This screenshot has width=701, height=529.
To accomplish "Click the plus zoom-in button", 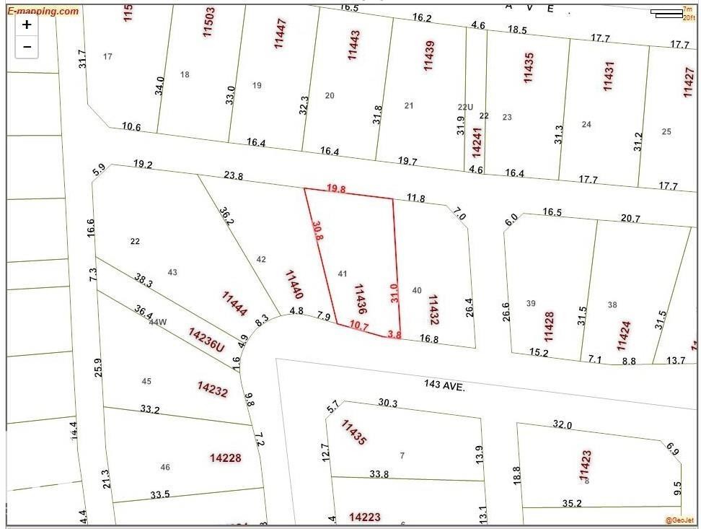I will (27, 25).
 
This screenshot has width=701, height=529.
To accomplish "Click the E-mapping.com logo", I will (43, 11).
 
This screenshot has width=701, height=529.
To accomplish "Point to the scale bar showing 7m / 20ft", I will (674, 12).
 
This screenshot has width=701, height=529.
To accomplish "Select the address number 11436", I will (361, 298).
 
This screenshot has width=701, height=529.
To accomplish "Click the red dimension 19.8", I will (336, 188).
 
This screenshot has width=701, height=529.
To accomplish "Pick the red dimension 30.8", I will (317, 230).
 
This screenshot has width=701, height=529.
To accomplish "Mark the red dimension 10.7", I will (358, 325).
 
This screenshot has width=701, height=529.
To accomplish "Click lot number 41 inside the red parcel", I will (343, 274).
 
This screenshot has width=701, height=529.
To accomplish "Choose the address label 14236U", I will (207, 341).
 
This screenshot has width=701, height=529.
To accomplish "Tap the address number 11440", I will (294, 284).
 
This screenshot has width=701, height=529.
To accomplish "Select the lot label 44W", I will (157, 322).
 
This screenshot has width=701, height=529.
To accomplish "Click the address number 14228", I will (226, 458).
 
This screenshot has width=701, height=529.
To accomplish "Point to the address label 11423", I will (586, 465).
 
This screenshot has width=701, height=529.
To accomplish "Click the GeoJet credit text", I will (679, 520).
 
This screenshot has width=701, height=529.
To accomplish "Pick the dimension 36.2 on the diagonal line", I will (226, 217).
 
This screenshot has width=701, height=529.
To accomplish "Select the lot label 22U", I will (465, 107).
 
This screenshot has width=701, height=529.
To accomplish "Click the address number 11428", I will (550, 326).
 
